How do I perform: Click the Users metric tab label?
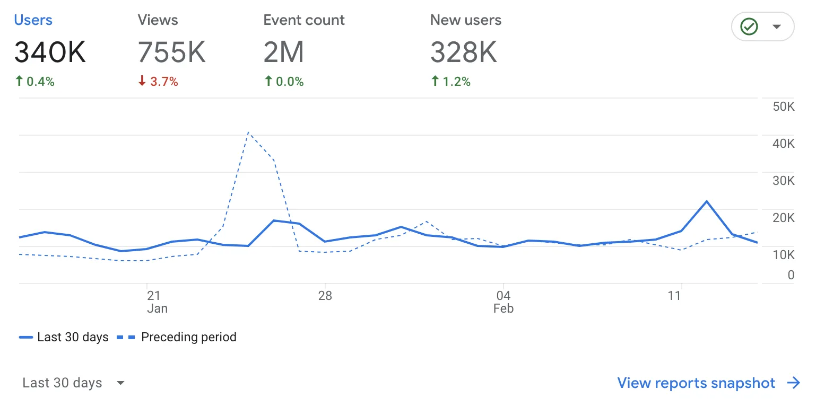[x=33, y=20]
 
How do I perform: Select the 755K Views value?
[x=171, y=52]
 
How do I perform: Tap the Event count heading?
[x=303, y=20]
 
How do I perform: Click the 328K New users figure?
[x=464, y=52]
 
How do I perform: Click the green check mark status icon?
[x=749, y=26]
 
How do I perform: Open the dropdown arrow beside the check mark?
[x=777, y=26]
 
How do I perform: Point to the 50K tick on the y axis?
[x=784, y=107]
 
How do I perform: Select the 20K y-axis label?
[x=784, y=218]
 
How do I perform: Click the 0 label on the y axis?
[x=791, y=275]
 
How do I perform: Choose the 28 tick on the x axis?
[x=325, y=296]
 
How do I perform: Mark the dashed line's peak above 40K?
[x=248, y=132]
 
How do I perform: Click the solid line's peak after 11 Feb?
[x=707, y=201]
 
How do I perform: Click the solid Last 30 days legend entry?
[x=64, y=337]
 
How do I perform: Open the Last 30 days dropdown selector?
[x=73, y=383]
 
